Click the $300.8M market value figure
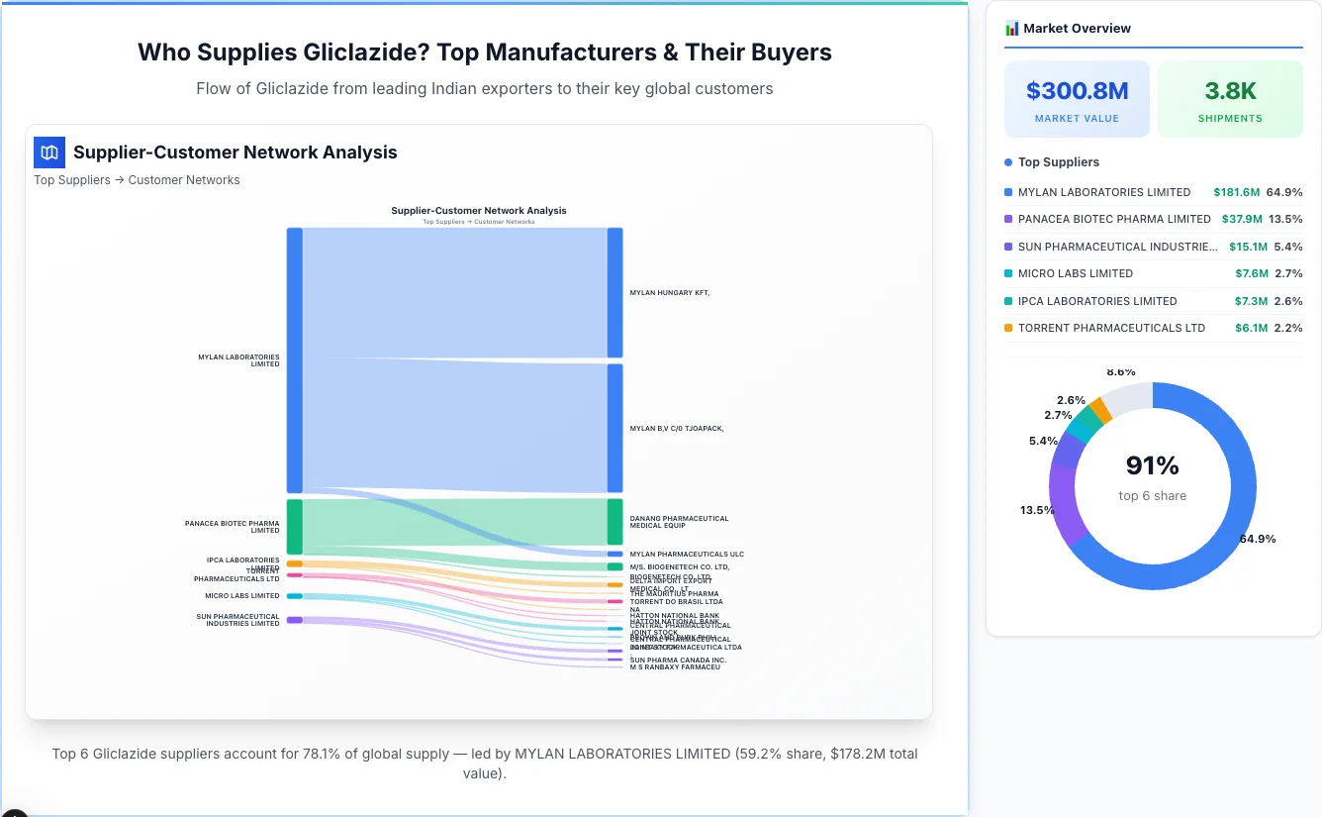pyautogui.click(x=1077, y=92)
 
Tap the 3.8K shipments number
pyautogui.click(x=1230, y=92)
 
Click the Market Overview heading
pyautogui.click(x=1077, y=29)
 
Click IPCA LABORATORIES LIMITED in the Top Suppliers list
pyautogui.click(x=1097, y=301)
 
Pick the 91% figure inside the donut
pyautogui.click(x=1152, y=465)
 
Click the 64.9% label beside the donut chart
pyautogui.click(x=1257, y=539)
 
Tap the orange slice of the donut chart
pyautogui.click(x=1099, y=411)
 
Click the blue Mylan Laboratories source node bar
pyautogui.click(x=294, y=359)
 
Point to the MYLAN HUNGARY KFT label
pyautogui.click(x=670, y=293)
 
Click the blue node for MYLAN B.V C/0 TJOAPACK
pyautogui.click(x=615, y=428)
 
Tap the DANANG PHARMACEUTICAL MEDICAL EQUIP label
pyautogui.click(x=679, y=522)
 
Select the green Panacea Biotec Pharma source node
pyautogui.click(x=294, y=526)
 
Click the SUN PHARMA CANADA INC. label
pyautogui.click(x=678, y=660)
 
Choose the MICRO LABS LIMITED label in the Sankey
pyautogui.click(x=242, y=596)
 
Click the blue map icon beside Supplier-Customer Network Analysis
pyautogui.click(x=49, y=153)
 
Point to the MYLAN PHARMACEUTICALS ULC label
pyautogui.click(x=687, y=555)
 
